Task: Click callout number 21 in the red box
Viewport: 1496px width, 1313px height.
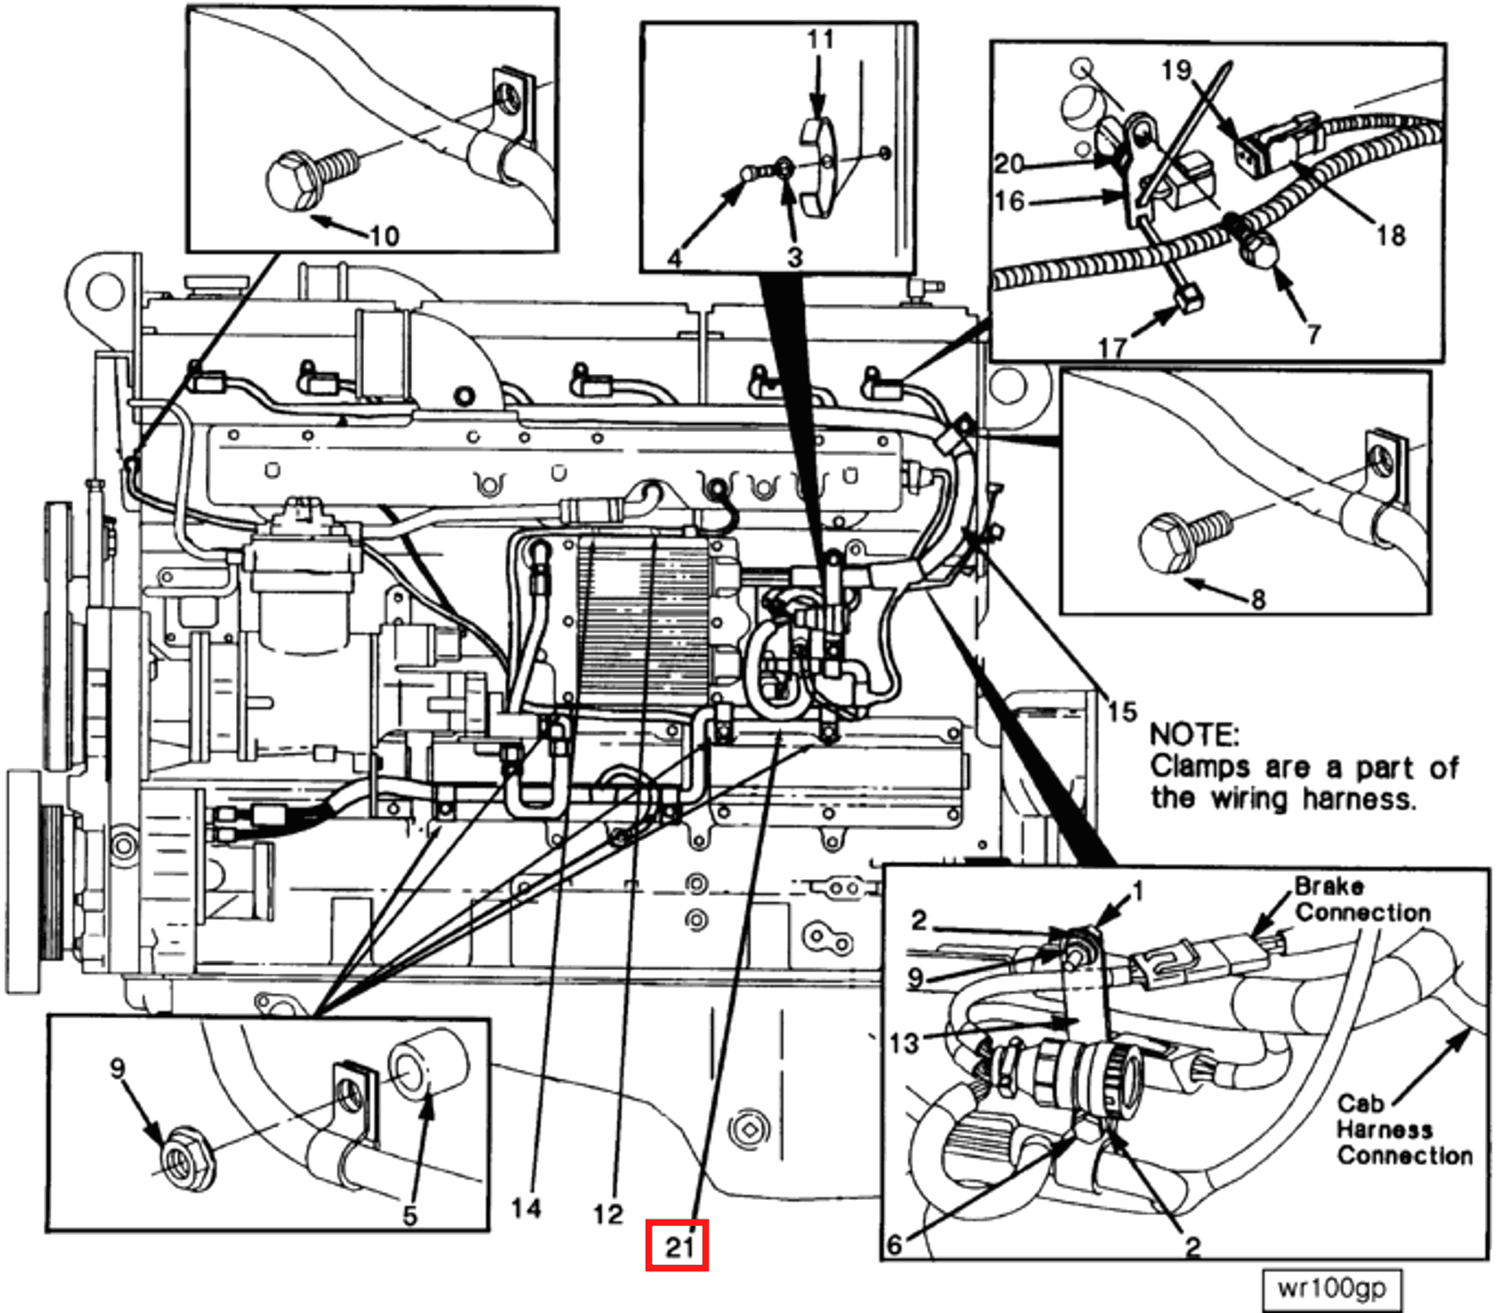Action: (x=678, y=1245)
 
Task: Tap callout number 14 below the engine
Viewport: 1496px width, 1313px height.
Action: (x=525, y=1208)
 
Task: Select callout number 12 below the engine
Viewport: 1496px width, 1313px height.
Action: (x=608, y=1213)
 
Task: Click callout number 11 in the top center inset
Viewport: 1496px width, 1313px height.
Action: (x=820, y=40)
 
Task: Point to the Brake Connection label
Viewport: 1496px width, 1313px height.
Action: (x=1361, y=900)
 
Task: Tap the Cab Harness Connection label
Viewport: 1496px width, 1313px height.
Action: (x=1402, y=1130)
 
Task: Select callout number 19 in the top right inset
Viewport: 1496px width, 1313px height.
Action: (x=1175, y=69)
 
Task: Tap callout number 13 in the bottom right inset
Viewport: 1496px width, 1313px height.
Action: (x=903, y=1041)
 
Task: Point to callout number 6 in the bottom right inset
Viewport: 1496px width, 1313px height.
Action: (x=894, y=1244)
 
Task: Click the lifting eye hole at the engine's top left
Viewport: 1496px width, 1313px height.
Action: (x=105, y=290)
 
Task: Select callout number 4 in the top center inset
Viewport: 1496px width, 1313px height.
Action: (x=675, y=258)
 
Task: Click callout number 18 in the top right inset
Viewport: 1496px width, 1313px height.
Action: (x=1390, y=235)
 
